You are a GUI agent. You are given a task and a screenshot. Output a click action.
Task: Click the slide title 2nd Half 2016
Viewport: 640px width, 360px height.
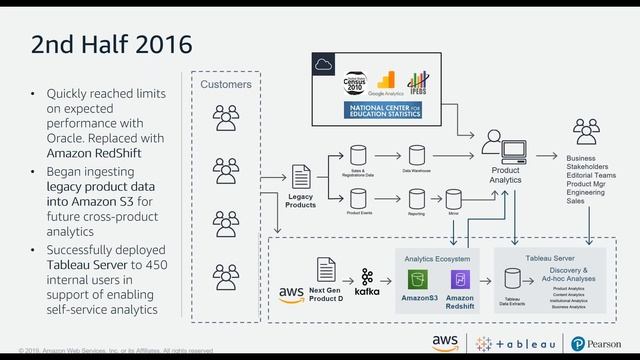pyautogui.click(x=111, y=44)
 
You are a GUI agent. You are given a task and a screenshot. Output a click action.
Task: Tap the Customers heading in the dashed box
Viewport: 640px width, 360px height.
pyautogui.click(x=226, y=85)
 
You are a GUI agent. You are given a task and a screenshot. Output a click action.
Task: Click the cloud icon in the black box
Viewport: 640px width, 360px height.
pyautogui.click(x=322, y=65)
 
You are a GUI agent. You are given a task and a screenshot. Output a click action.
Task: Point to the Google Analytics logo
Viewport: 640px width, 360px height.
pyautogui.click(x=390, y=82)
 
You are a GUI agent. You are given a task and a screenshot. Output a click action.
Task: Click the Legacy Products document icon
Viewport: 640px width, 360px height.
pyautogui.click(x=300, y=177)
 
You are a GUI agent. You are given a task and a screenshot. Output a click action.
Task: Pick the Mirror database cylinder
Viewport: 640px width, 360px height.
pyautogui.click(x=453, y=197)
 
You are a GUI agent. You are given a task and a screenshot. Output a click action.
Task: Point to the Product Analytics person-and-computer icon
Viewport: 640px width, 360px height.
pyautogui.click(x=505, y=147)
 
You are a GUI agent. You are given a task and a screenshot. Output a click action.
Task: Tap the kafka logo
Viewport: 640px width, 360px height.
pyautogui.click(x=367, y=281)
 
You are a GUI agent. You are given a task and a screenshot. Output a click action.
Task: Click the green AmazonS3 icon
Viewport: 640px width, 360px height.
pyautogui.click(x=420, y=280)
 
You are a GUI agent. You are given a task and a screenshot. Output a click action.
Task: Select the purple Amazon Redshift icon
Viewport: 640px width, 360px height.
pyautogui.click(x=460, y=280)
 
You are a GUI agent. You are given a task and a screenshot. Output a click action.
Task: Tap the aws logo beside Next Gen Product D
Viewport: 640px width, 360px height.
pyautogui.click(x=291, y=294)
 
